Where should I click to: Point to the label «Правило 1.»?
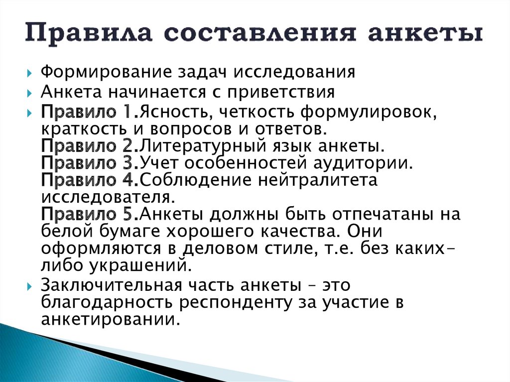(86, 113)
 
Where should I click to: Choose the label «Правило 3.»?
(86, 163)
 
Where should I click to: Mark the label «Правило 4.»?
(86, 180)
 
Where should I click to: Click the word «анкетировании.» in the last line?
(110, 319)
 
